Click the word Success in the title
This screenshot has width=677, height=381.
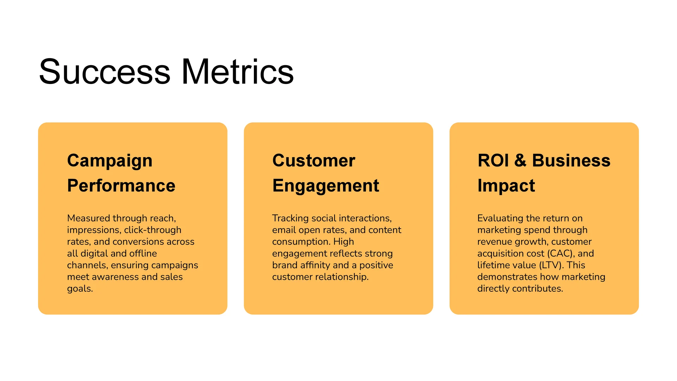(105, 72)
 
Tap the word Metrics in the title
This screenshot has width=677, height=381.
(237, 72)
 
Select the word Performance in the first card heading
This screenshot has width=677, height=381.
(121, 186)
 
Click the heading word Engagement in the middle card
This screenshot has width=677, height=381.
(325, 186)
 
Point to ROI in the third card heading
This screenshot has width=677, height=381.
(493, 161)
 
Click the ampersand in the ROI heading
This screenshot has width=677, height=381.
(520, 161)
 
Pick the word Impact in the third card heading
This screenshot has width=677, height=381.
(506, 186)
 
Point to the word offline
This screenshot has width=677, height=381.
(143, 253)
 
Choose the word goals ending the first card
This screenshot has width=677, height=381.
(80, 289)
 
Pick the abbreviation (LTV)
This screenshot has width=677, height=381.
(551, 265)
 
